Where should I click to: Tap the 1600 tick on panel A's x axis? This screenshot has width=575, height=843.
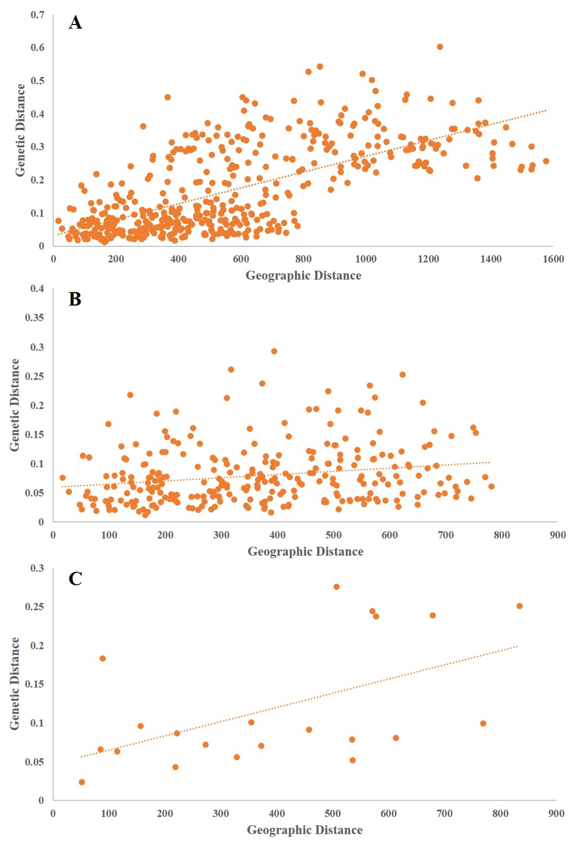click(553, 259)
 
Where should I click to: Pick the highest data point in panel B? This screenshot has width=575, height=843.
click(274, 351)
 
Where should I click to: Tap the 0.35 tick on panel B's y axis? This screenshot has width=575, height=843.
click(35, 318)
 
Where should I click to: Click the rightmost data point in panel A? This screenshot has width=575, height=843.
click(546, 161)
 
